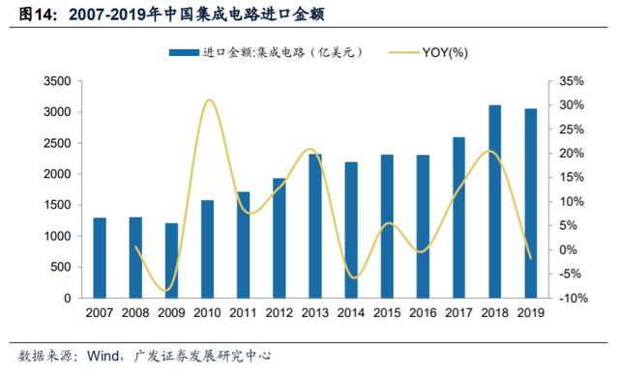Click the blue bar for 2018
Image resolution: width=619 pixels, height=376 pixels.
[494, 201]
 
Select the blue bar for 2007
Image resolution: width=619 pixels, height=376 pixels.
[100, 258]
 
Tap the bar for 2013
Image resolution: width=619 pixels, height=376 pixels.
[315, 225]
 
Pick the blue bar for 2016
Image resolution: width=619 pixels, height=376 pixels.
[423, 226]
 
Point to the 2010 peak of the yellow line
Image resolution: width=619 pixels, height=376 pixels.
[209, 100]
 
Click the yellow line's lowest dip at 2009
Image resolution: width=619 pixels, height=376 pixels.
[167, 291]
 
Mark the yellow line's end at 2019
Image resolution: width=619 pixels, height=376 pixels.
[531, 259]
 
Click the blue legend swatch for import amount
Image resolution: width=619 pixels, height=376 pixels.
[184, 52]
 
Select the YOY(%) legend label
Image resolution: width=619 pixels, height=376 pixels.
[445, 52]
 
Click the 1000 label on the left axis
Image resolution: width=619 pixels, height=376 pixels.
[57, 236]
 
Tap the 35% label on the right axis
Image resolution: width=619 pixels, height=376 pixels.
[572, 81]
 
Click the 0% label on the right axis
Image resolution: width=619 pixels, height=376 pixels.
[568, 249]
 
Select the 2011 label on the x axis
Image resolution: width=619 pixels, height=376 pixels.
[243, 313]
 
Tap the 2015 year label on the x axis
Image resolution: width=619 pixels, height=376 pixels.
[387, 313]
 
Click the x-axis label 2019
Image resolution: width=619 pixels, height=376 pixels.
[531, 313]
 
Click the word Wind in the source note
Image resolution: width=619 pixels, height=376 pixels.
[103, 356]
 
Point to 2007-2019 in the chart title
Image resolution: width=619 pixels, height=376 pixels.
[107, 15]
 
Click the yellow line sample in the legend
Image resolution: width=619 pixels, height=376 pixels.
[404, 52]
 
